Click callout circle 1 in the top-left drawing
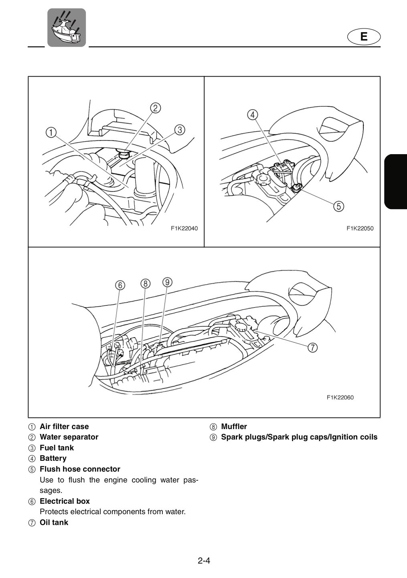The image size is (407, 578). click(51, 132)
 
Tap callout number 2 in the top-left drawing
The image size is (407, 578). click(156, 108)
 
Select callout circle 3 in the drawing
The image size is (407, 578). click(180, 130)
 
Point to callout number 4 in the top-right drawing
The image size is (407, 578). click(253, 115)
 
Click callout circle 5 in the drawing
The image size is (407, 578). click(339, 206)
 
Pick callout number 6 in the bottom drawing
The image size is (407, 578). click(120, 285)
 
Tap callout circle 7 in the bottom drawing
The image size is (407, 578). click(312, 348)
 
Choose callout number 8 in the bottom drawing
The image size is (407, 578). click(146, 283)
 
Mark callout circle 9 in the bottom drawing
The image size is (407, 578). click(167, 282)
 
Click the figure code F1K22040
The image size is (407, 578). click(184, 228)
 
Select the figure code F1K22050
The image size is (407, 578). click(360, 228)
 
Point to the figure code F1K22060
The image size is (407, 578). click(340, 397)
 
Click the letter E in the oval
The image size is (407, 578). click(364, 37)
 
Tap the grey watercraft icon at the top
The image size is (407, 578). click(67, 28)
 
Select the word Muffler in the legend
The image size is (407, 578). click(234, 427)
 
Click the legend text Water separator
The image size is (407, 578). click(69, 437)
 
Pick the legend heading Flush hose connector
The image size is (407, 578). click(80, 469)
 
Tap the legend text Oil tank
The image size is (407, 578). click(54, 523)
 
